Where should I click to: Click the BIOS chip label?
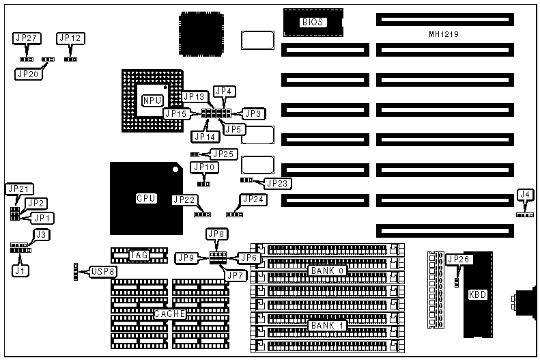pos(312,22)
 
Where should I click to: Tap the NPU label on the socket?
pos(152,100)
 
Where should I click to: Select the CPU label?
pos(146,198)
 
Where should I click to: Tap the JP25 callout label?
pos(225,154)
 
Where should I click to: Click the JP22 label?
pos(185,199)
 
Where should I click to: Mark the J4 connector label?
pos(524,195)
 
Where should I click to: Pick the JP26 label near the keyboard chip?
pos(457,260)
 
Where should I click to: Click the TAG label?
pos(139,255)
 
